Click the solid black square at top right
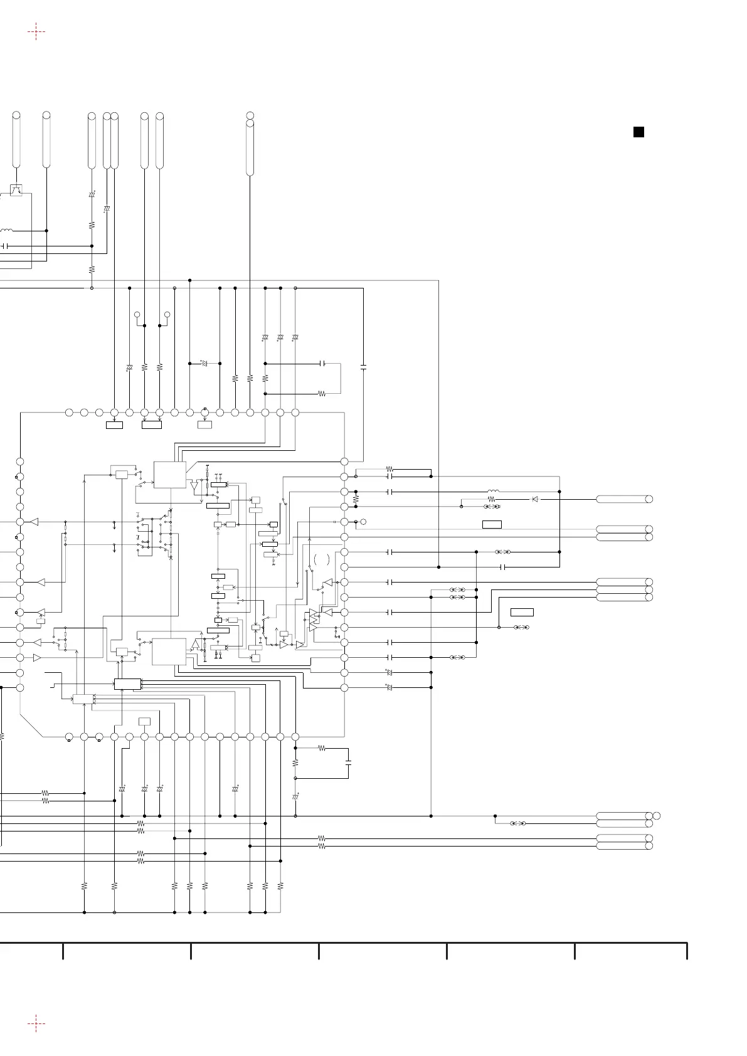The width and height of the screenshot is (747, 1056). pyautogui.click(x=638, y=132)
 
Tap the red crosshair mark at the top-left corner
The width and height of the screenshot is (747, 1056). pyautogui.click(x=36, y=31)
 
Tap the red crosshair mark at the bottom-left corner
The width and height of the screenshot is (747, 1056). pyautogui.click(x=36, y=1023)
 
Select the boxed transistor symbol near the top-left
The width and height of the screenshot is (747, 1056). pyautogui.click(x=16, y=190)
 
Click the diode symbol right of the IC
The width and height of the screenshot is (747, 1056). pyautogui.click(x=535, y=499)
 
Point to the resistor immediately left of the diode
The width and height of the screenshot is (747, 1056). pyautogui.click(x=492, y=499)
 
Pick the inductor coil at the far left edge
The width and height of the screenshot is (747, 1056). pyautogui.click(x=6, y=231)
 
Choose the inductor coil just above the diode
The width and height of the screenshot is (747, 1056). pyautogui.click(x=494, y=492)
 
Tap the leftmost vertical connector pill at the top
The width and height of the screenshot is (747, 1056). pyautogui.click(x=16, y=141)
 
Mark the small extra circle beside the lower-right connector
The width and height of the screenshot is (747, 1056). pyautogui.click(x=657, y=815)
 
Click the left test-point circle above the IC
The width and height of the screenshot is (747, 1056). pyautogui.click(x=137, y=314)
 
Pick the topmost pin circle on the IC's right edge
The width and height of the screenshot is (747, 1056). pyautogui.click(x=344, y=462)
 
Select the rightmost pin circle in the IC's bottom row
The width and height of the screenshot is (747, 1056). pyautogui.click(x=295, y=736)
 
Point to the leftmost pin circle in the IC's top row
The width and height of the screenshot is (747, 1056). pyautogui.click(x=69, y=412)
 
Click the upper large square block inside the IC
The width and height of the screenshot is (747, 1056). pyautogui.click(x=170, y=475)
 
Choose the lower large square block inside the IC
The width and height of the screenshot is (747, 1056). pyautogui.click(x=169, y=652)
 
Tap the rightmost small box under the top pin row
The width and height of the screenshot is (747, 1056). pyautogui.click(x=204, y=425)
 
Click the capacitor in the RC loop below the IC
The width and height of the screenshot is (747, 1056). pyautogui.click(x=349, y=763)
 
